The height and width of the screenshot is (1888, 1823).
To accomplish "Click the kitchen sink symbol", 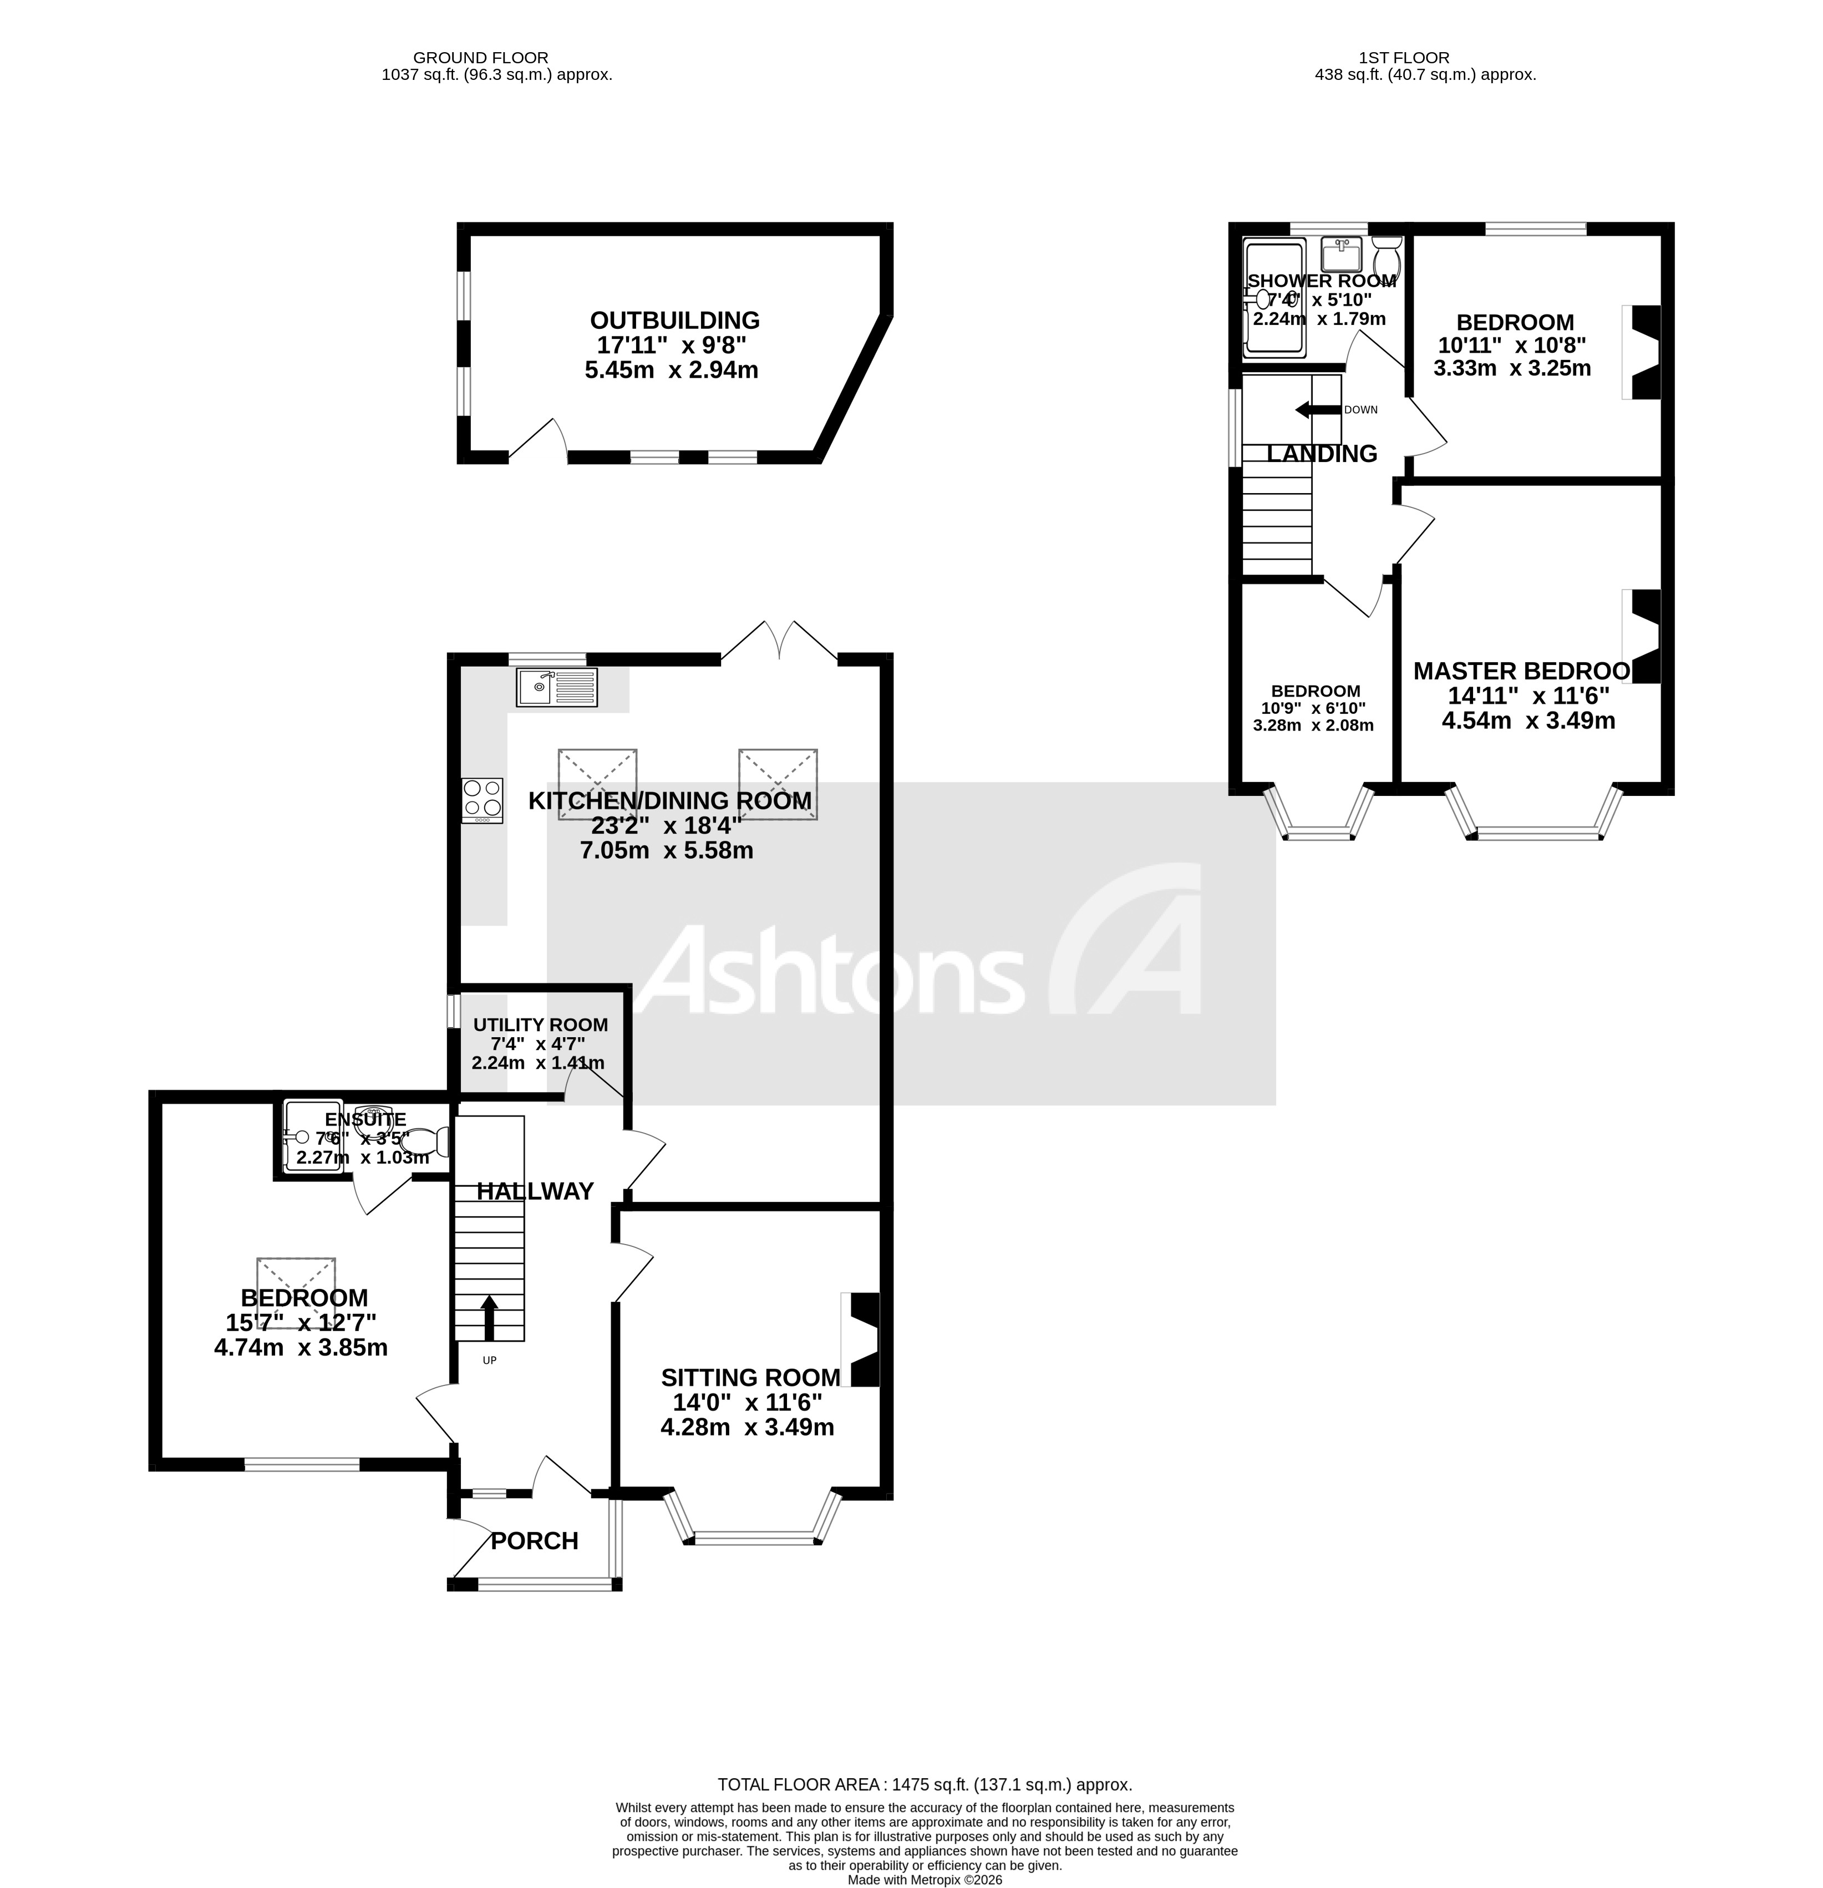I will click(556, 687).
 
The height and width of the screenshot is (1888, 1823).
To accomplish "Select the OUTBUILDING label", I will click(674, 321).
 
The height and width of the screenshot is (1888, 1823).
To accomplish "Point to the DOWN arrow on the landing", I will click(1317, 409).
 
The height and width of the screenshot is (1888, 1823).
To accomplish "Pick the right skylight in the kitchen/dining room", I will click(778, 783).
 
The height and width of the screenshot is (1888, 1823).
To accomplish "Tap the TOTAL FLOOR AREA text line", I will click(925, 1784).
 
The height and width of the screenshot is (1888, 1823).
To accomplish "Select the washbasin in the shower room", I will click(1339, 255).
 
